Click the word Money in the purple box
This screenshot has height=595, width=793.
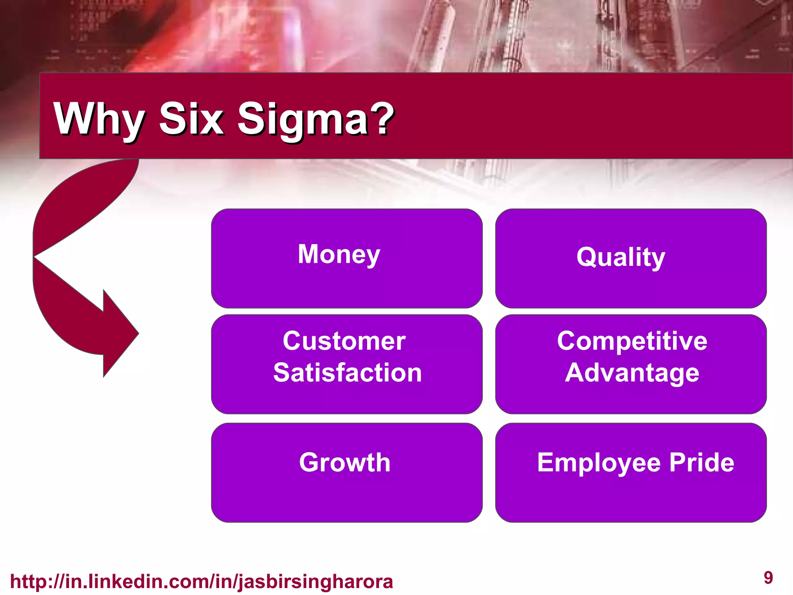(339, 255)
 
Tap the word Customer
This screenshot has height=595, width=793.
(344, 341)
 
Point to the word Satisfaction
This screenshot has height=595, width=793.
(347, 373)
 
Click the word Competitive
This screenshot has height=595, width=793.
(632, 341)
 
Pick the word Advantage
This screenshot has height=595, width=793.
(632, 373)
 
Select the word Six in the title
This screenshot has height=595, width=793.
(191, 119)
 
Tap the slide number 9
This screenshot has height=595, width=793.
(768, 578)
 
